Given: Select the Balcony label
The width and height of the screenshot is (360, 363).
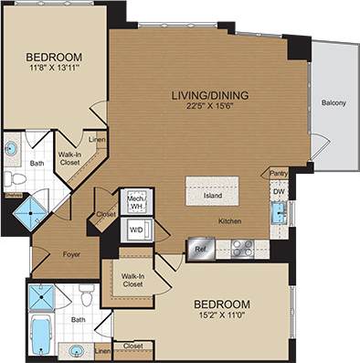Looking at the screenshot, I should tap(333, 103).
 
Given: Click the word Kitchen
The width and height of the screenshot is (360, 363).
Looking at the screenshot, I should tap(229, 221).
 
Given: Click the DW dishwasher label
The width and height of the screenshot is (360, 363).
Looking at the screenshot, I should tap(278, 193).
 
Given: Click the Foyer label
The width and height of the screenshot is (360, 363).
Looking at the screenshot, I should tap(73, 256).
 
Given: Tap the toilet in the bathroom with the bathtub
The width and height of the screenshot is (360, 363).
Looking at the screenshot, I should tap(85, 296).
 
